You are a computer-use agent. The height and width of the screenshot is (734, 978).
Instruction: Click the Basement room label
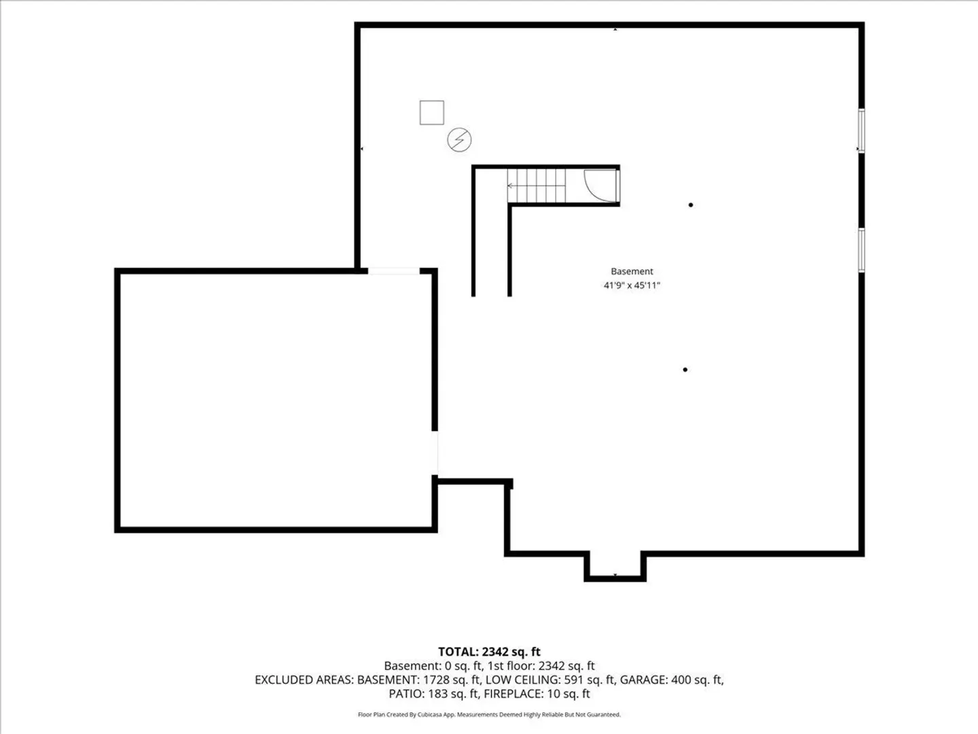click(632, 271)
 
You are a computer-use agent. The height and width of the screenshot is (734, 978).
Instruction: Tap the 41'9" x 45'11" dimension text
click(632, 285)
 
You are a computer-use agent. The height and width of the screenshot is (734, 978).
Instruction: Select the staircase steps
click(537, 186)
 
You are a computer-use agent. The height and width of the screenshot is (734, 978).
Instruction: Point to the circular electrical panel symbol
click(459, 140)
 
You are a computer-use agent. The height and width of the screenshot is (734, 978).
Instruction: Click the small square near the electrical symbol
click(431, 113)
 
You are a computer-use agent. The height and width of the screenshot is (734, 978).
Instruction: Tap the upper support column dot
click(691, 205)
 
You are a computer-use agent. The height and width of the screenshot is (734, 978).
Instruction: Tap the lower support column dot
click(685, 370)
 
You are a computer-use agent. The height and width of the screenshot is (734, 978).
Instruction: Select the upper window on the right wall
click(862, 130)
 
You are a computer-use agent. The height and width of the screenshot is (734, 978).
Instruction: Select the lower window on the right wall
click(862, 249)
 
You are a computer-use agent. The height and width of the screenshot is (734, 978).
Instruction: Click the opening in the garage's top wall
click(393, 271)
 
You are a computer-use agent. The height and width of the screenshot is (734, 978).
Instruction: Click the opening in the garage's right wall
click(435, 453)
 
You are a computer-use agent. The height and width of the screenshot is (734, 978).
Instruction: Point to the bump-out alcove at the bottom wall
click(615, 567)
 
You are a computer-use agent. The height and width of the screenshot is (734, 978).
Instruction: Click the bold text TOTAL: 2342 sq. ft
click(489, 652)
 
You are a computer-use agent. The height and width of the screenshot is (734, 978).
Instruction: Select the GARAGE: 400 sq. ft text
click(672, 680)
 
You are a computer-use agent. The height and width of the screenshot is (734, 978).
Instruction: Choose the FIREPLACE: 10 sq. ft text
click(537, 693)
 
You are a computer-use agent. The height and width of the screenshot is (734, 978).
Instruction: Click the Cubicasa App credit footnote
click(489, 714)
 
